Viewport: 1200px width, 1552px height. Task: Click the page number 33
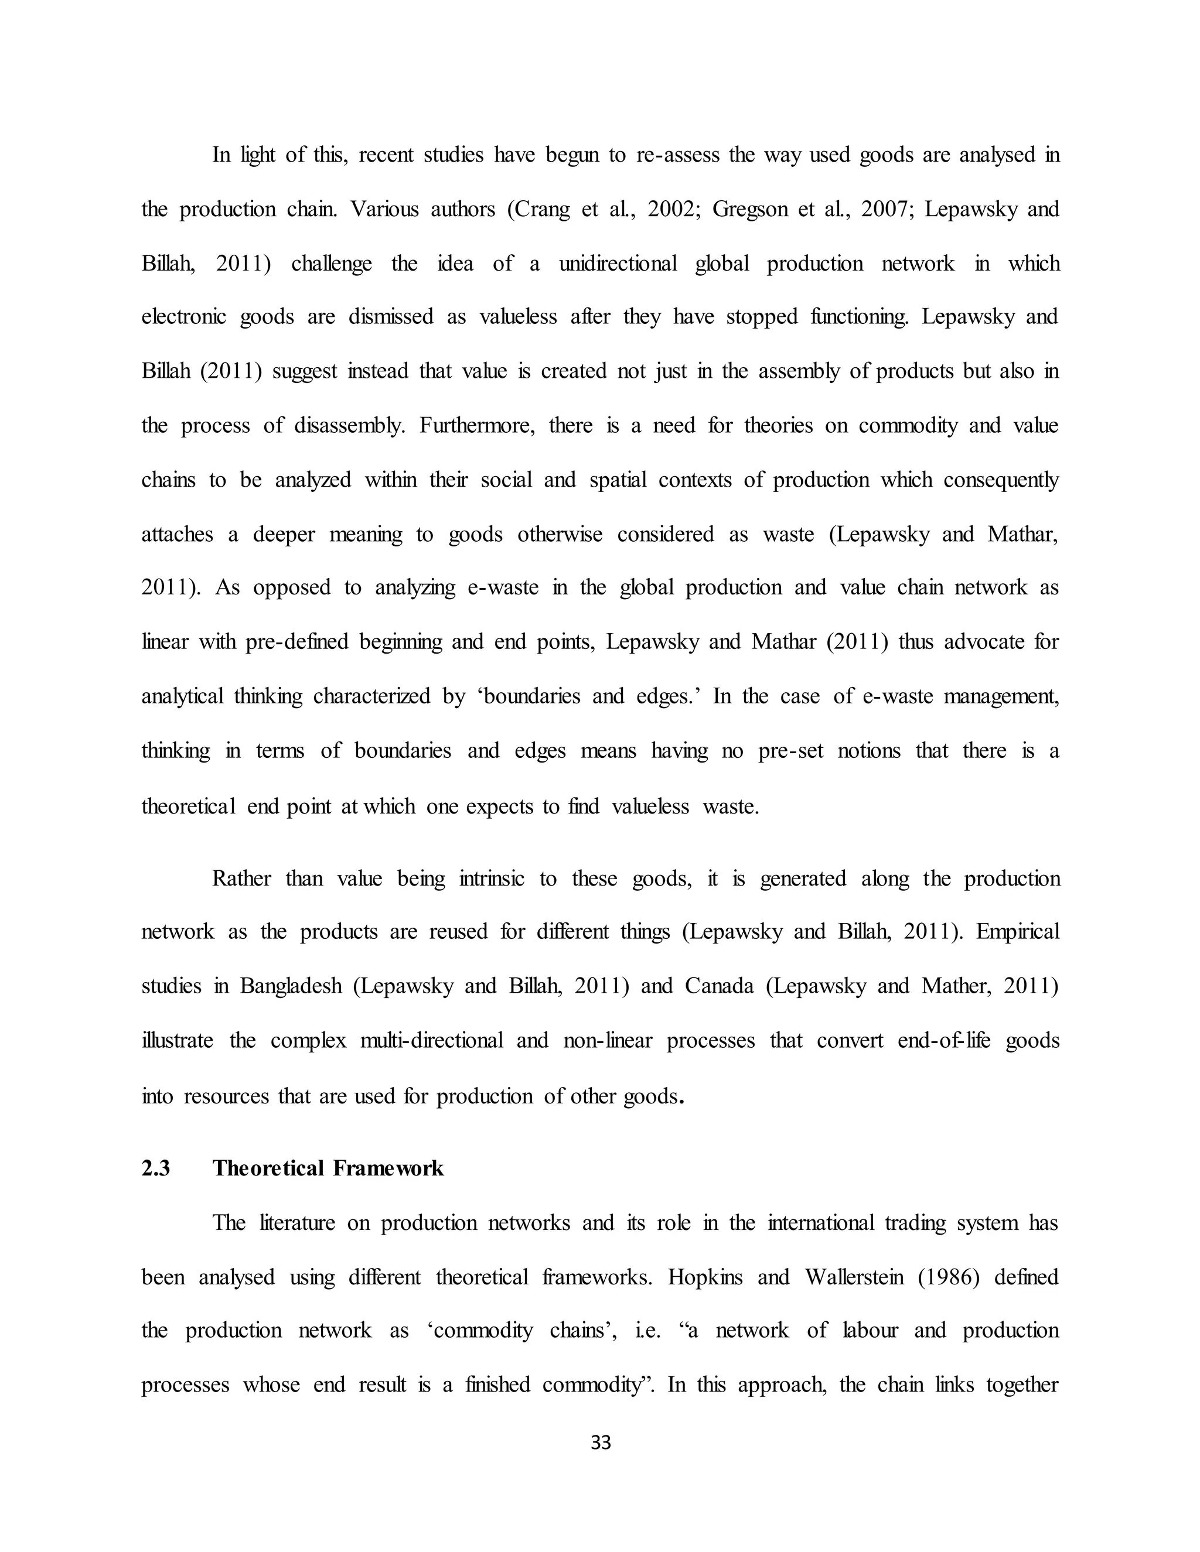tap(601, 1442)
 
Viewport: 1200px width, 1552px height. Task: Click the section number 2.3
tap(156, 1168)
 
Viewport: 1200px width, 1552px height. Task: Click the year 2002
tap(674, 210)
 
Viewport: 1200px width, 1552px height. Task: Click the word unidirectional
tap(618, 264)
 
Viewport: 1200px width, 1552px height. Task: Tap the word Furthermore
tap(476, 426)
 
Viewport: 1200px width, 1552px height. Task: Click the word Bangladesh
tap(291, 986)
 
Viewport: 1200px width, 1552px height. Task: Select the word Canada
tap(719, 986)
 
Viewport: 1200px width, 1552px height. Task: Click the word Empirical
tap(1017, 932)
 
